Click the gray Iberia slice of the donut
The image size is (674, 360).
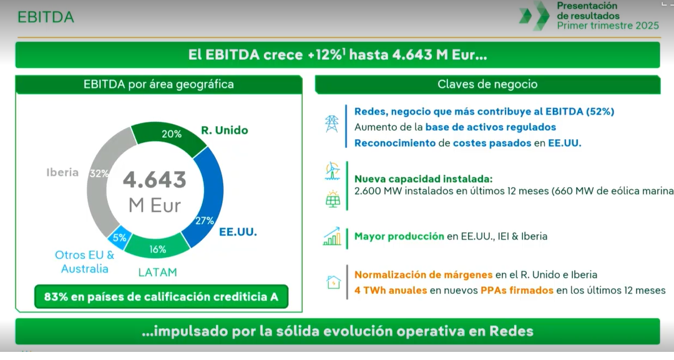click(x=98, y=185)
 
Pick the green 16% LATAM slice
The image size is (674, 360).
click(x=157, y=247)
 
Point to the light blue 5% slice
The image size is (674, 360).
click(x=119, y=236)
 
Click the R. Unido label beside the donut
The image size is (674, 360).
click(x=225, y=130)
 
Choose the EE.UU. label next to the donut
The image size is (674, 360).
click(x=238, y=232)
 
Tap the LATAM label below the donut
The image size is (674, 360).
click(x=157, y=273)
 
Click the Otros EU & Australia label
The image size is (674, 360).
click(x=85, y=261)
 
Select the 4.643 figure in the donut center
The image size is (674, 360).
click(x=155, y=180)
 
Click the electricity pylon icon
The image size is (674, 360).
click(x=331, y=124)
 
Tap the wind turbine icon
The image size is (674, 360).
click(x=332, y=171)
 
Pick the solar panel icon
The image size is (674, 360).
click(x=333, y=199)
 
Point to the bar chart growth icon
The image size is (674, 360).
click(x=332, y=236)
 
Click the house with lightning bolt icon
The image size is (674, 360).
click(x=333, y=282)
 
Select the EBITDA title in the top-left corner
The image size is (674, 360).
click(x=46, y=17)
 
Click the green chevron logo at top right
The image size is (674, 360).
click(x=534, y=16)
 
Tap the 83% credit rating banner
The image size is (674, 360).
click(x=161, y=297)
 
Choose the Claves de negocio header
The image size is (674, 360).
click(x=487, y=84)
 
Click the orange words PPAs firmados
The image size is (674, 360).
click(x=517, y=290)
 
